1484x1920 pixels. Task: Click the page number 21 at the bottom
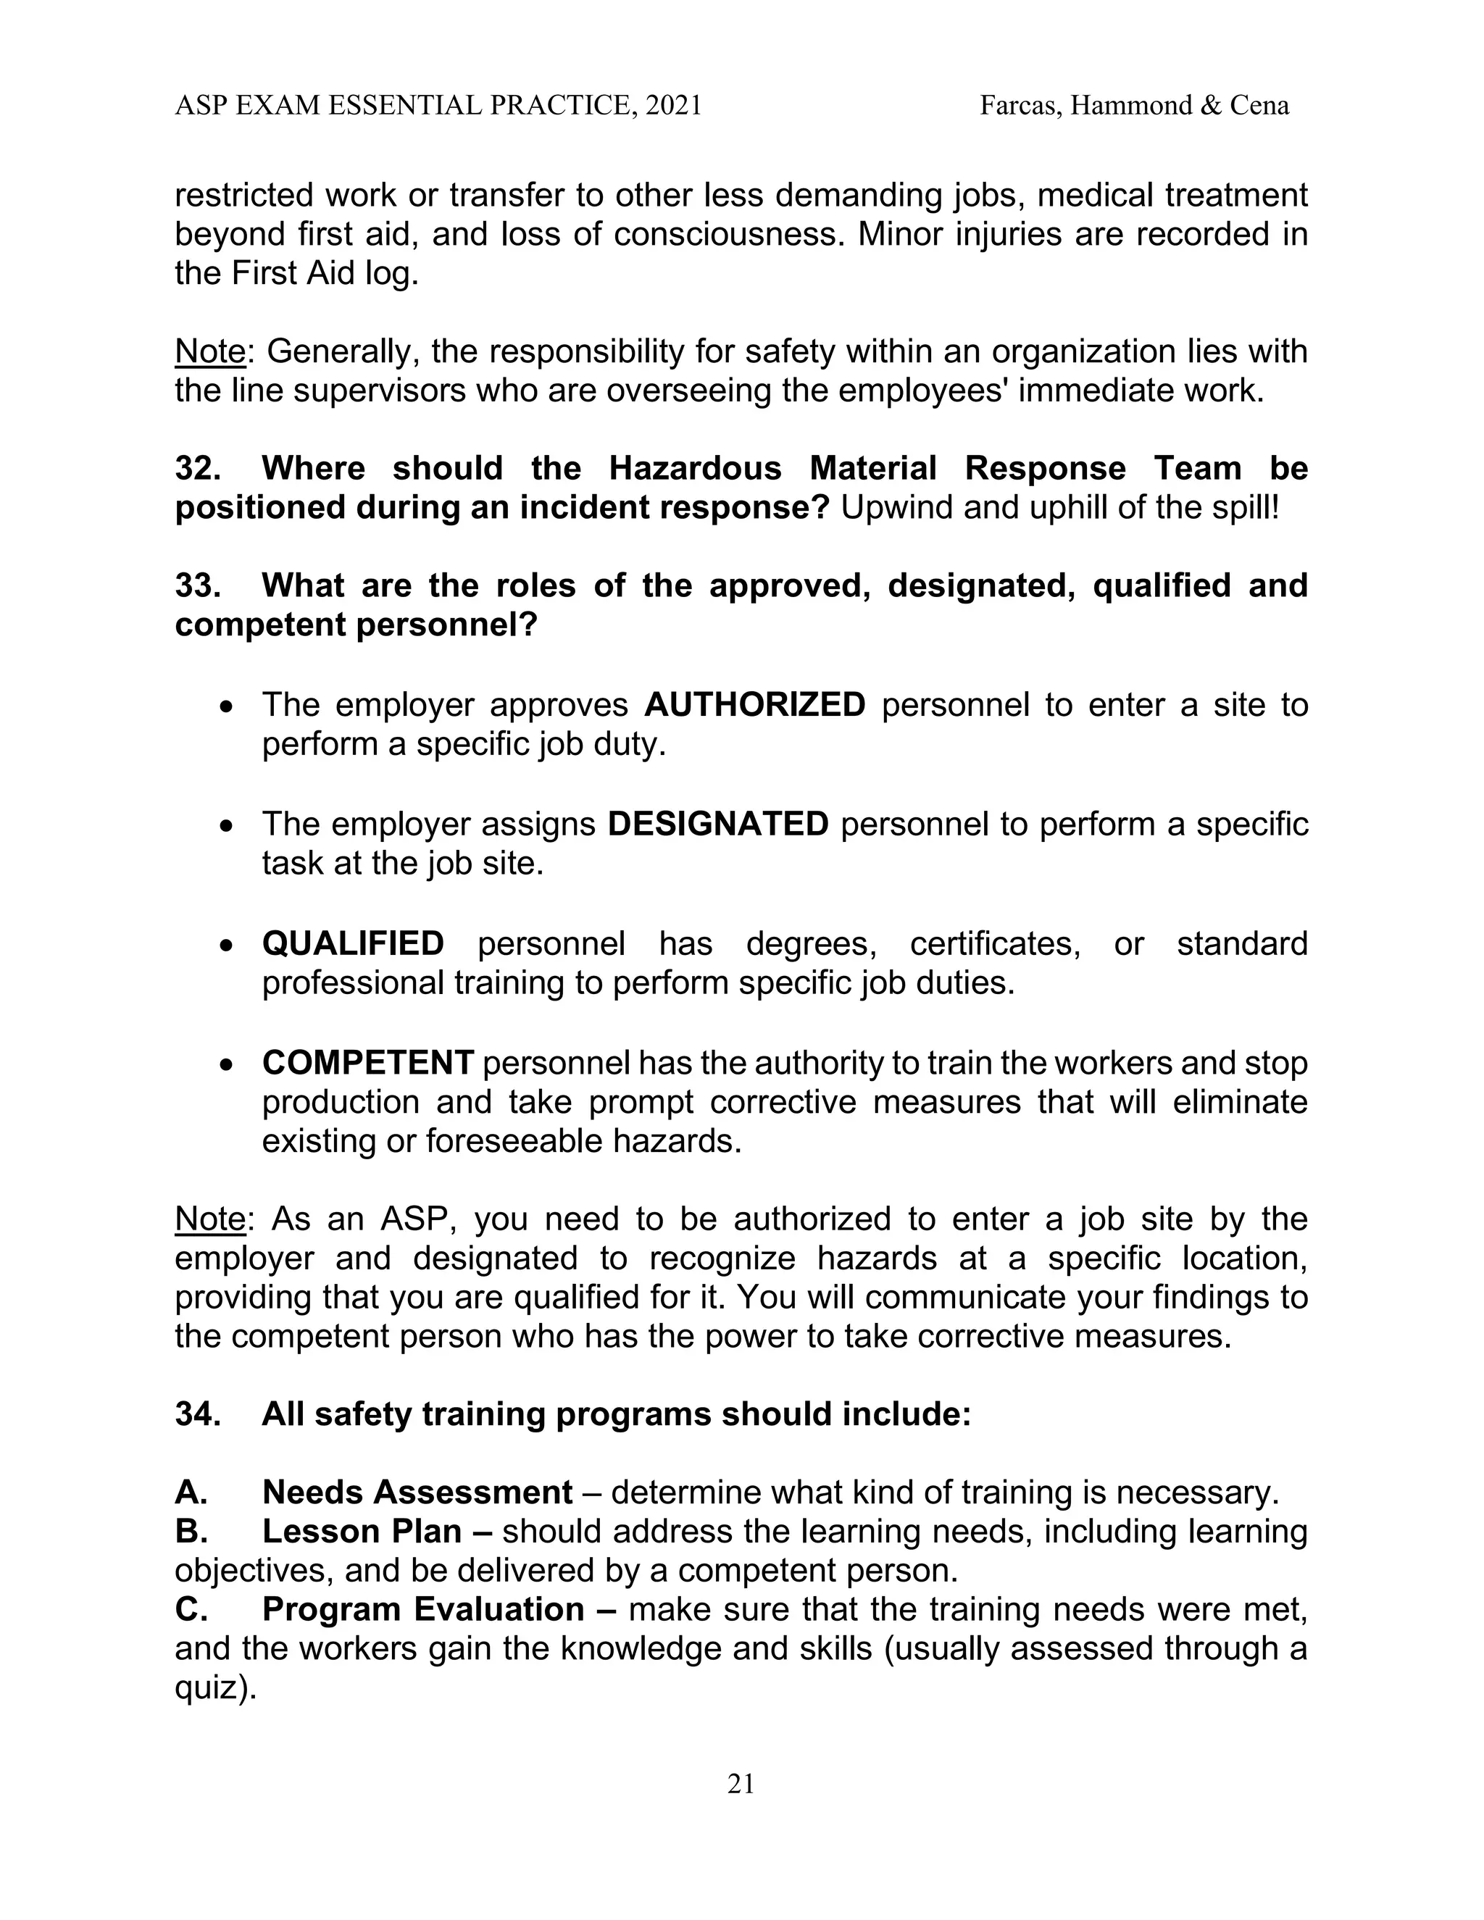(741, 1784)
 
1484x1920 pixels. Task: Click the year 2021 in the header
(672, 106)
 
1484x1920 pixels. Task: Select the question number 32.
(198, 468)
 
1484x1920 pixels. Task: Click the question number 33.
(198, 585)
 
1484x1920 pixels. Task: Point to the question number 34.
(198, 1414)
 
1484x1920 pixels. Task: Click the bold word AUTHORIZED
(754, 705)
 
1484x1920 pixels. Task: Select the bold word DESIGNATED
(717, 824)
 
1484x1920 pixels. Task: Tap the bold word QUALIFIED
(353, 943)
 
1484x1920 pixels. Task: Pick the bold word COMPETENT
(367, 1063)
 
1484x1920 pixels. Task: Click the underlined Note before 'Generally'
(209, 351)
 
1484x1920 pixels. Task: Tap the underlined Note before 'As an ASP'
(209, 1219)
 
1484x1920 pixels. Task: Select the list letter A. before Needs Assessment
(191, 1492)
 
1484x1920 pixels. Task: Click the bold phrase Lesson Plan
(362, 1532)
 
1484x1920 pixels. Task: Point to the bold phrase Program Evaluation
(423, 1608)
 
